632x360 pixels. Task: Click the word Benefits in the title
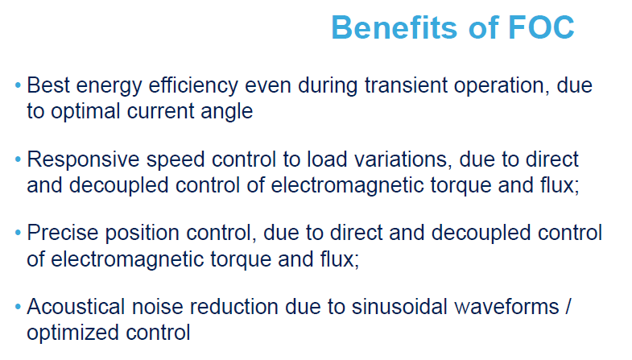(394, 27)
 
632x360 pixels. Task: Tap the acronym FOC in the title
(541, 27)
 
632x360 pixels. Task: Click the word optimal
(85, 112)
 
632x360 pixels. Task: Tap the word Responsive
(83, 160)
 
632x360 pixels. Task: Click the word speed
(176, 160)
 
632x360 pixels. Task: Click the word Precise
(63, 233)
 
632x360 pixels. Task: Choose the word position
(142, 234)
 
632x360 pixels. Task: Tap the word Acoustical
(76, 307)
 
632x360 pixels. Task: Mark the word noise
(158, 307)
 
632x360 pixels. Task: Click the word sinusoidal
(400, 307)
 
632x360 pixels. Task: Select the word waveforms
(506, 307)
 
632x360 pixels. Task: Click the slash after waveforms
(568, 307)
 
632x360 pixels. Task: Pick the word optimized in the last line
(73, 333)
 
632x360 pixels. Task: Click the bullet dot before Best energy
(18, 85)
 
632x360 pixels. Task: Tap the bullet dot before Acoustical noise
(18, 307)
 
